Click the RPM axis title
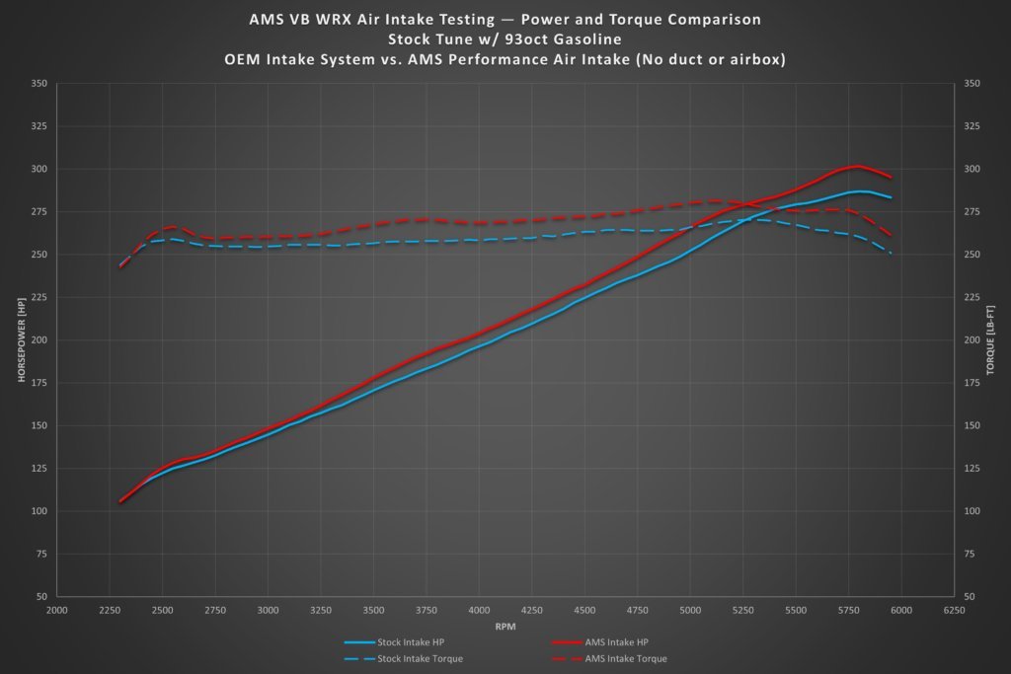(x=505, y=626)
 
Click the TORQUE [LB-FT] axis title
(x=990, y=340)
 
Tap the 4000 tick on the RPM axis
(x=479, y=612)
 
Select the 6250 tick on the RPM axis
(x=954, y=612)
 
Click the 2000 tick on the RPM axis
(x=56, y=612)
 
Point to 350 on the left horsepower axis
(x=39, y=84)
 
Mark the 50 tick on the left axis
(x=41, y=597)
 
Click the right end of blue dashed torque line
(x=892, y=254)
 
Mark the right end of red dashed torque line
(x=892, y=236)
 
